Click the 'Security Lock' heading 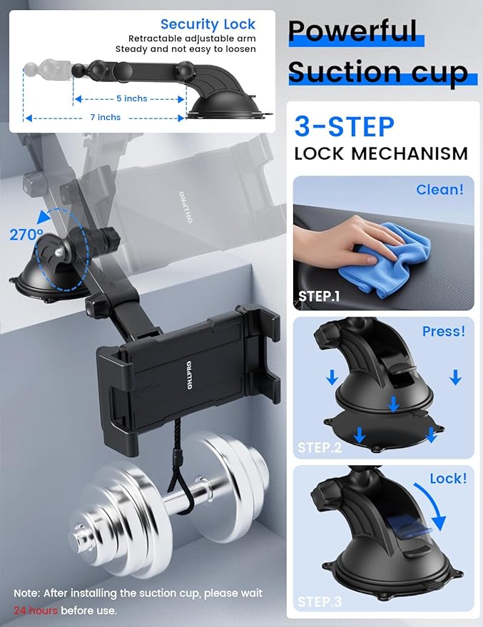[x=208, y=24]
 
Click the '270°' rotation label [x=26, y=234]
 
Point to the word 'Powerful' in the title [x=352, y=31]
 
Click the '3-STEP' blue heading [x=344, y=127]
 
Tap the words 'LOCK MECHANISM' [x=381, y=153]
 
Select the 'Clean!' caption [x=439, y=190]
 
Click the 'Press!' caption [x=443, y=332]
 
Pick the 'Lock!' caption [x=447, y=479]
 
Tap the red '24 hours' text [x=35, y=611]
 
